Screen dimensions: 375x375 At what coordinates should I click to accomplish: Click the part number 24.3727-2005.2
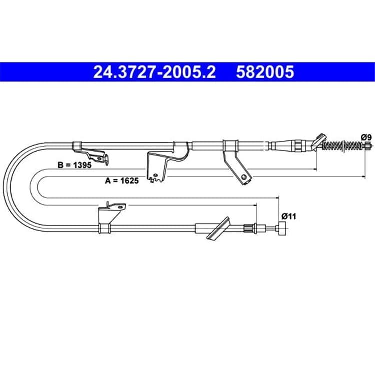pyautogui.click(x=154, y=72)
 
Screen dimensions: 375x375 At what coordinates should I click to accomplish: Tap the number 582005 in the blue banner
pyautogui.click(x=265, y=72)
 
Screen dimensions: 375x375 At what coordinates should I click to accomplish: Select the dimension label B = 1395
pyautogui.click(x=75, y=165)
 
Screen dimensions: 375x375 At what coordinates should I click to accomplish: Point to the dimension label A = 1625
pyautogui.click(x=122, y=181)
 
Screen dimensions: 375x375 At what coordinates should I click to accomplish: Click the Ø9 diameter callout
pyautogui.click(x=366, y=137)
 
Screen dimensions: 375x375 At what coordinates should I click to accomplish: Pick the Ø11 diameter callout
pyautogui.click(x=289, y=216)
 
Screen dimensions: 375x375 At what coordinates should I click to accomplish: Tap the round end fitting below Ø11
pyautogui.click(x=282, y=228)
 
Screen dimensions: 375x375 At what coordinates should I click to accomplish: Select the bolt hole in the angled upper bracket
pyautogui.click(x=244, y=177)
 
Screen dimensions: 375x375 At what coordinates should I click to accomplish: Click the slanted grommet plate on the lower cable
pyautogui.click(x=218, y=228)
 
